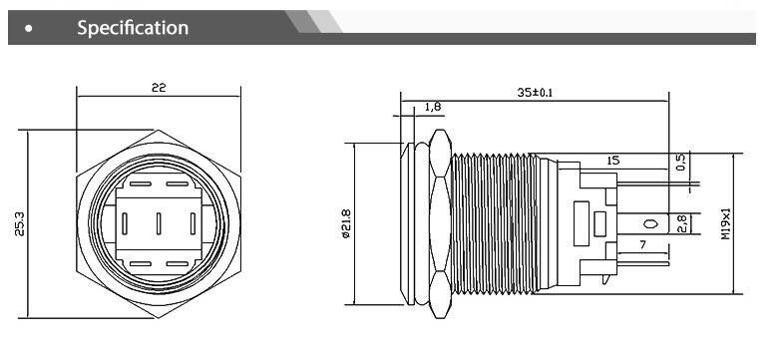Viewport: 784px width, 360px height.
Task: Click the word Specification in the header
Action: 133,28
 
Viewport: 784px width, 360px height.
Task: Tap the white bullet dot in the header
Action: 29,29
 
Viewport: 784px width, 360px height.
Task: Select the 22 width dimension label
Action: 159,88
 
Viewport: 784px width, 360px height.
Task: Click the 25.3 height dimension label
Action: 19,223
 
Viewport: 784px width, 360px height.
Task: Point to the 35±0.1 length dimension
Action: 535,93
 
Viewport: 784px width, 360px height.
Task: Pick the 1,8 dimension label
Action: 433,107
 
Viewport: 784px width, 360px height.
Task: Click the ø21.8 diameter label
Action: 345,223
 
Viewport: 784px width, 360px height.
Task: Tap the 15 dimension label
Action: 612,161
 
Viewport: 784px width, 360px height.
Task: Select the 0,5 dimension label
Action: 681,162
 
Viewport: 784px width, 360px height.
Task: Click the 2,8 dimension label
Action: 681,224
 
